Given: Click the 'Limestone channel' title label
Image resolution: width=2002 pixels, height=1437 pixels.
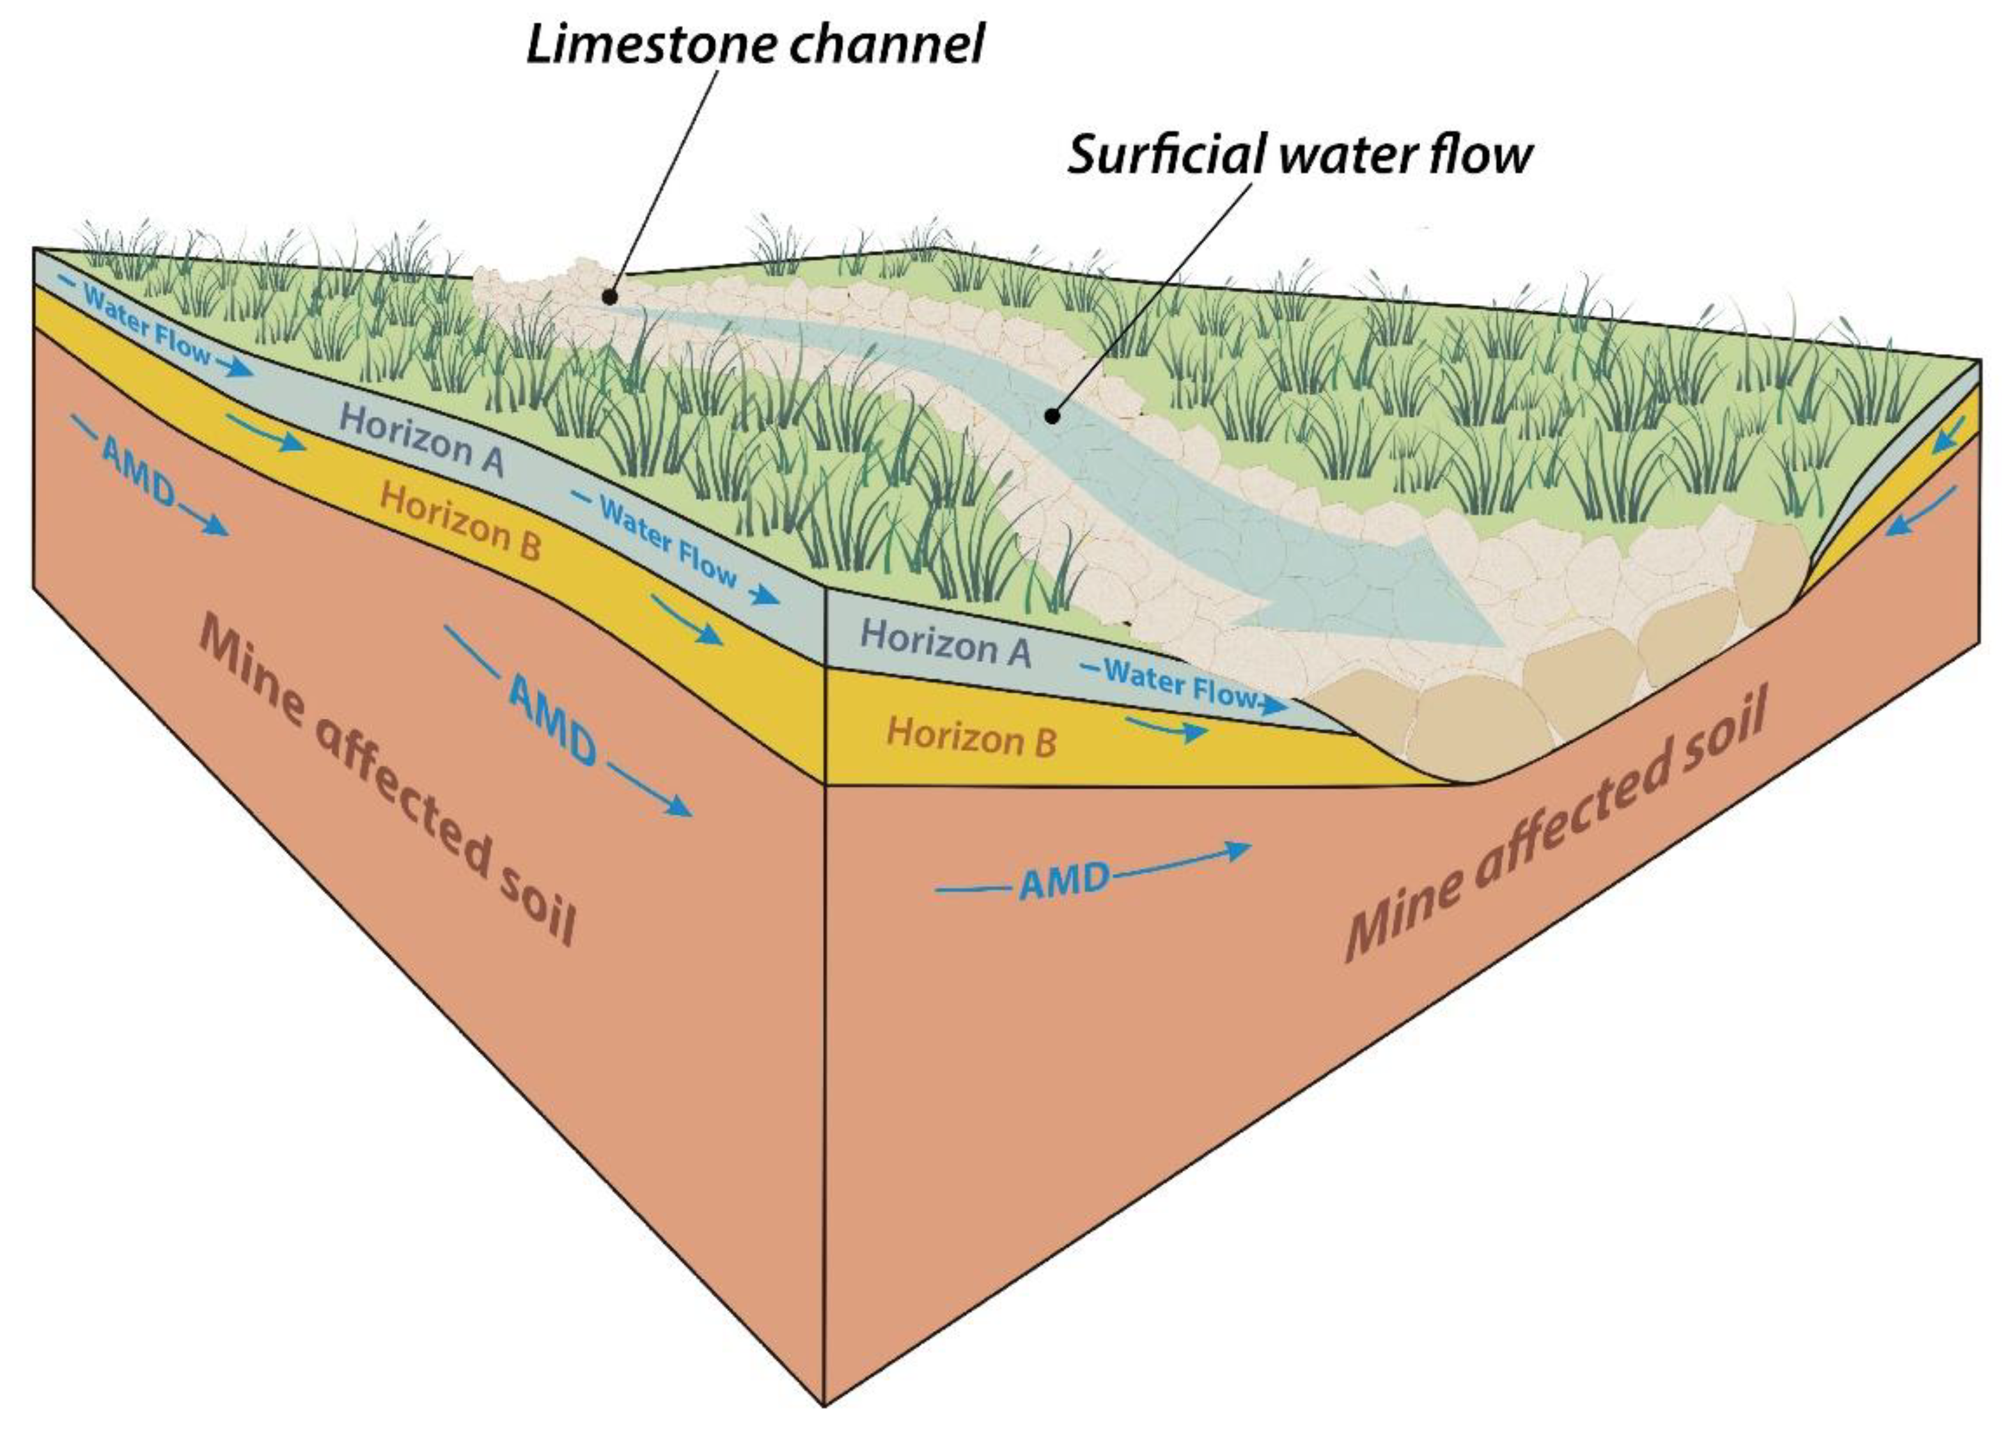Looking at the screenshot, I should (755, 44).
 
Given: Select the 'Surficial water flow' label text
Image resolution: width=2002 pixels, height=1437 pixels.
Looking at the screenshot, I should (1299, 155).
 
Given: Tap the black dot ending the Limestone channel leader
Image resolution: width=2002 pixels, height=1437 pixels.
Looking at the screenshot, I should (609, 297).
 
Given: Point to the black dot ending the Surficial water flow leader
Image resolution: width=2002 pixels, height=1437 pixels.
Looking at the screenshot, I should (1051, 416).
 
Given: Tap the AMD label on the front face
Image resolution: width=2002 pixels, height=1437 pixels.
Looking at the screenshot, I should (1064, 881).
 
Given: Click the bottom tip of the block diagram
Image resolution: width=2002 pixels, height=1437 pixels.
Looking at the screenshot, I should (824, 1404).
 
